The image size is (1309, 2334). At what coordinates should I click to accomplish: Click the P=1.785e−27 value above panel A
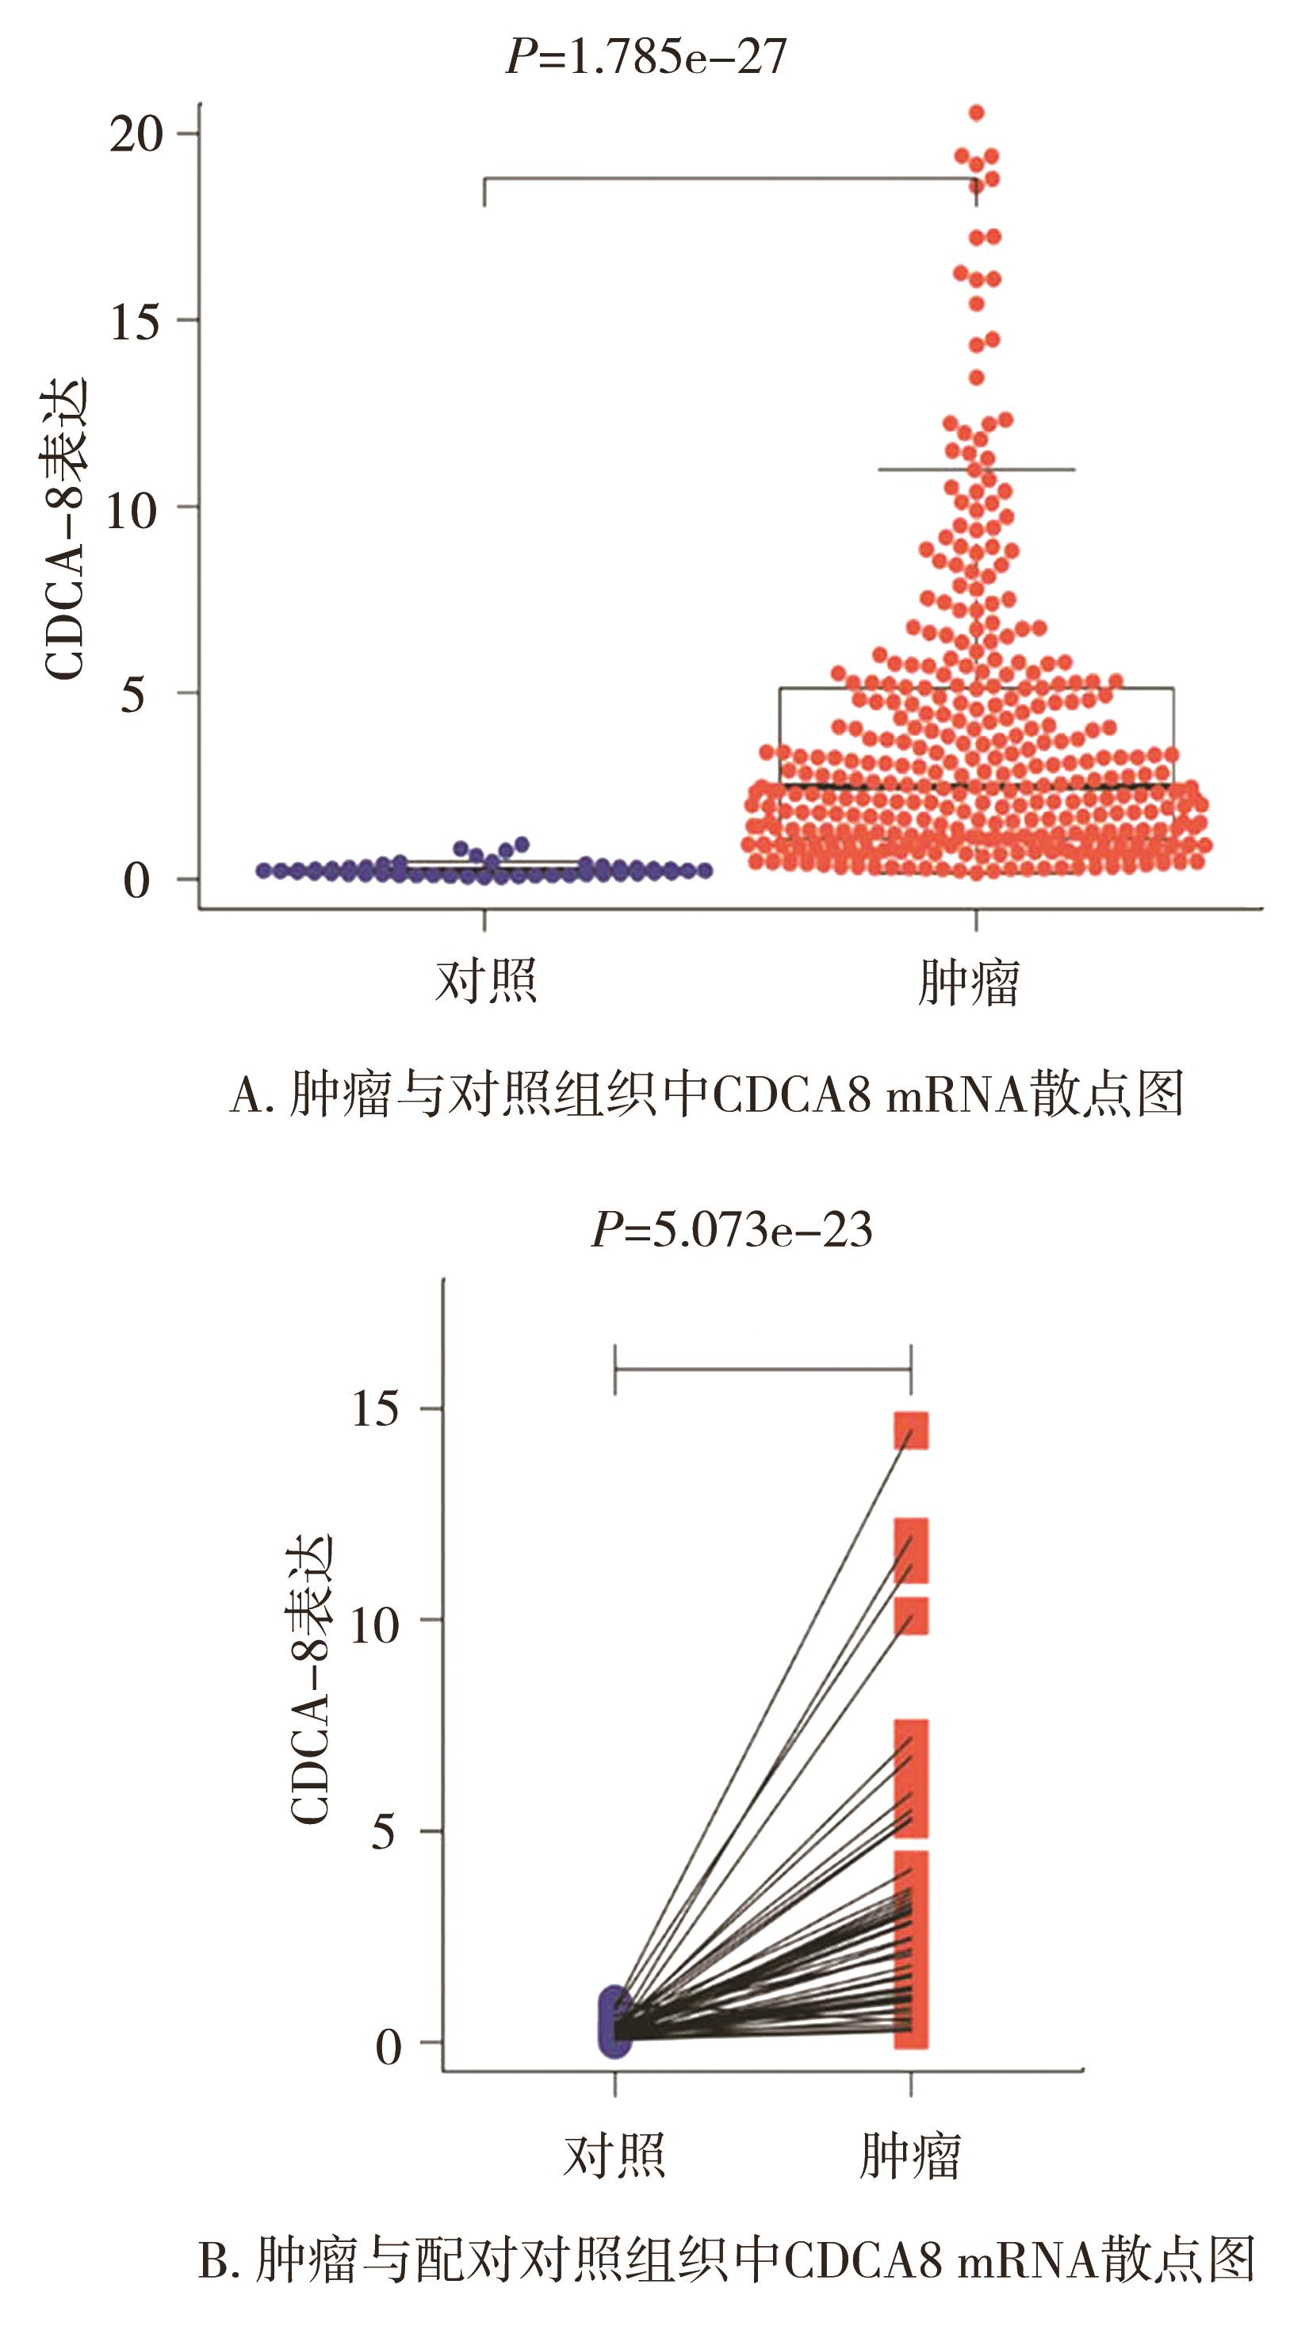[x=646, y=57]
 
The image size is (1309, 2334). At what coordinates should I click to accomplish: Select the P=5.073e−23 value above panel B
[x=731, y=1230]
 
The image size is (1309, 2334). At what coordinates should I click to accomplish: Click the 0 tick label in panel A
[x=136, y=880]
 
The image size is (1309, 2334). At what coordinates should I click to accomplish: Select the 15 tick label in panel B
[x=374, y=1409]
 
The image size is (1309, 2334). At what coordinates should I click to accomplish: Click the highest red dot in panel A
[x=977, y=113]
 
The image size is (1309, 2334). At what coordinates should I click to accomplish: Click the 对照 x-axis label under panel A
[x=485, y=980]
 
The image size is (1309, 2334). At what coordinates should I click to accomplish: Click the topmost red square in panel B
[x=911, y=1431]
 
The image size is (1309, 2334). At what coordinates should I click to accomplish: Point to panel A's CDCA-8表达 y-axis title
[x=65, y=528]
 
